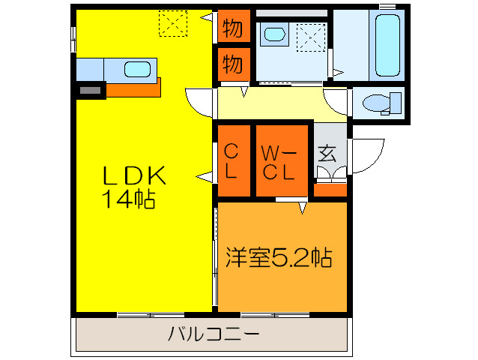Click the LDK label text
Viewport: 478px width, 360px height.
click(x=133, y=175)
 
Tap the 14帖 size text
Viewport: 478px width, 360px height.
click(x=129, y=199)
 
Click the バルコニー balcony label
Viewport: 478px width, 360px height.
click(x=212, y=332)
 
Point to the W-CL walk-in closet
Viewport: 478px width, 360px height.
click(x=282, y=160)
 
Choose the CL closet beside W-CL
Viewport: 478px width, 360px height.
click(x=232, y=160)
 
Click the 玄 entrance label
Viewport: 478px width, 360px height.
click(x=327, y=154)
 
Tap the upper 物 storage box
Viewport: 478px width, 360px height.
click(x=232, y=29)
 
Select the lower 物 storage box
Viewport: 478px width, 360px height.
click(x=232, y=64)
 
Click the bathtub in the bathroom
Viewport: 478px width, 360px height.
click(x=387, y=45)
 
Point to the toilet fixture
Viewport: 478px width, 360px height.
click(x=379, y=102)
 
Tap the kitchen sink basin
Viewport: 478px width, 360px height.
click(x=137, y=70)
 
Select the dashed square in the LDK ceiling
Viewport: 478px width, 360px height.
click(x=173, y=23)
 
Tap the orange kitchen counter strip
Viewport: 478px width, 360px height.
click(x=135, y=88)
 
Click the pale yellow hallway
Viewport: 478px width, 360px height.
click(x=281, y=103)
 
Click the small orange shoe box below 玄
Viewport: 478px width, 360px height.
click(x=330, y=189)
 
